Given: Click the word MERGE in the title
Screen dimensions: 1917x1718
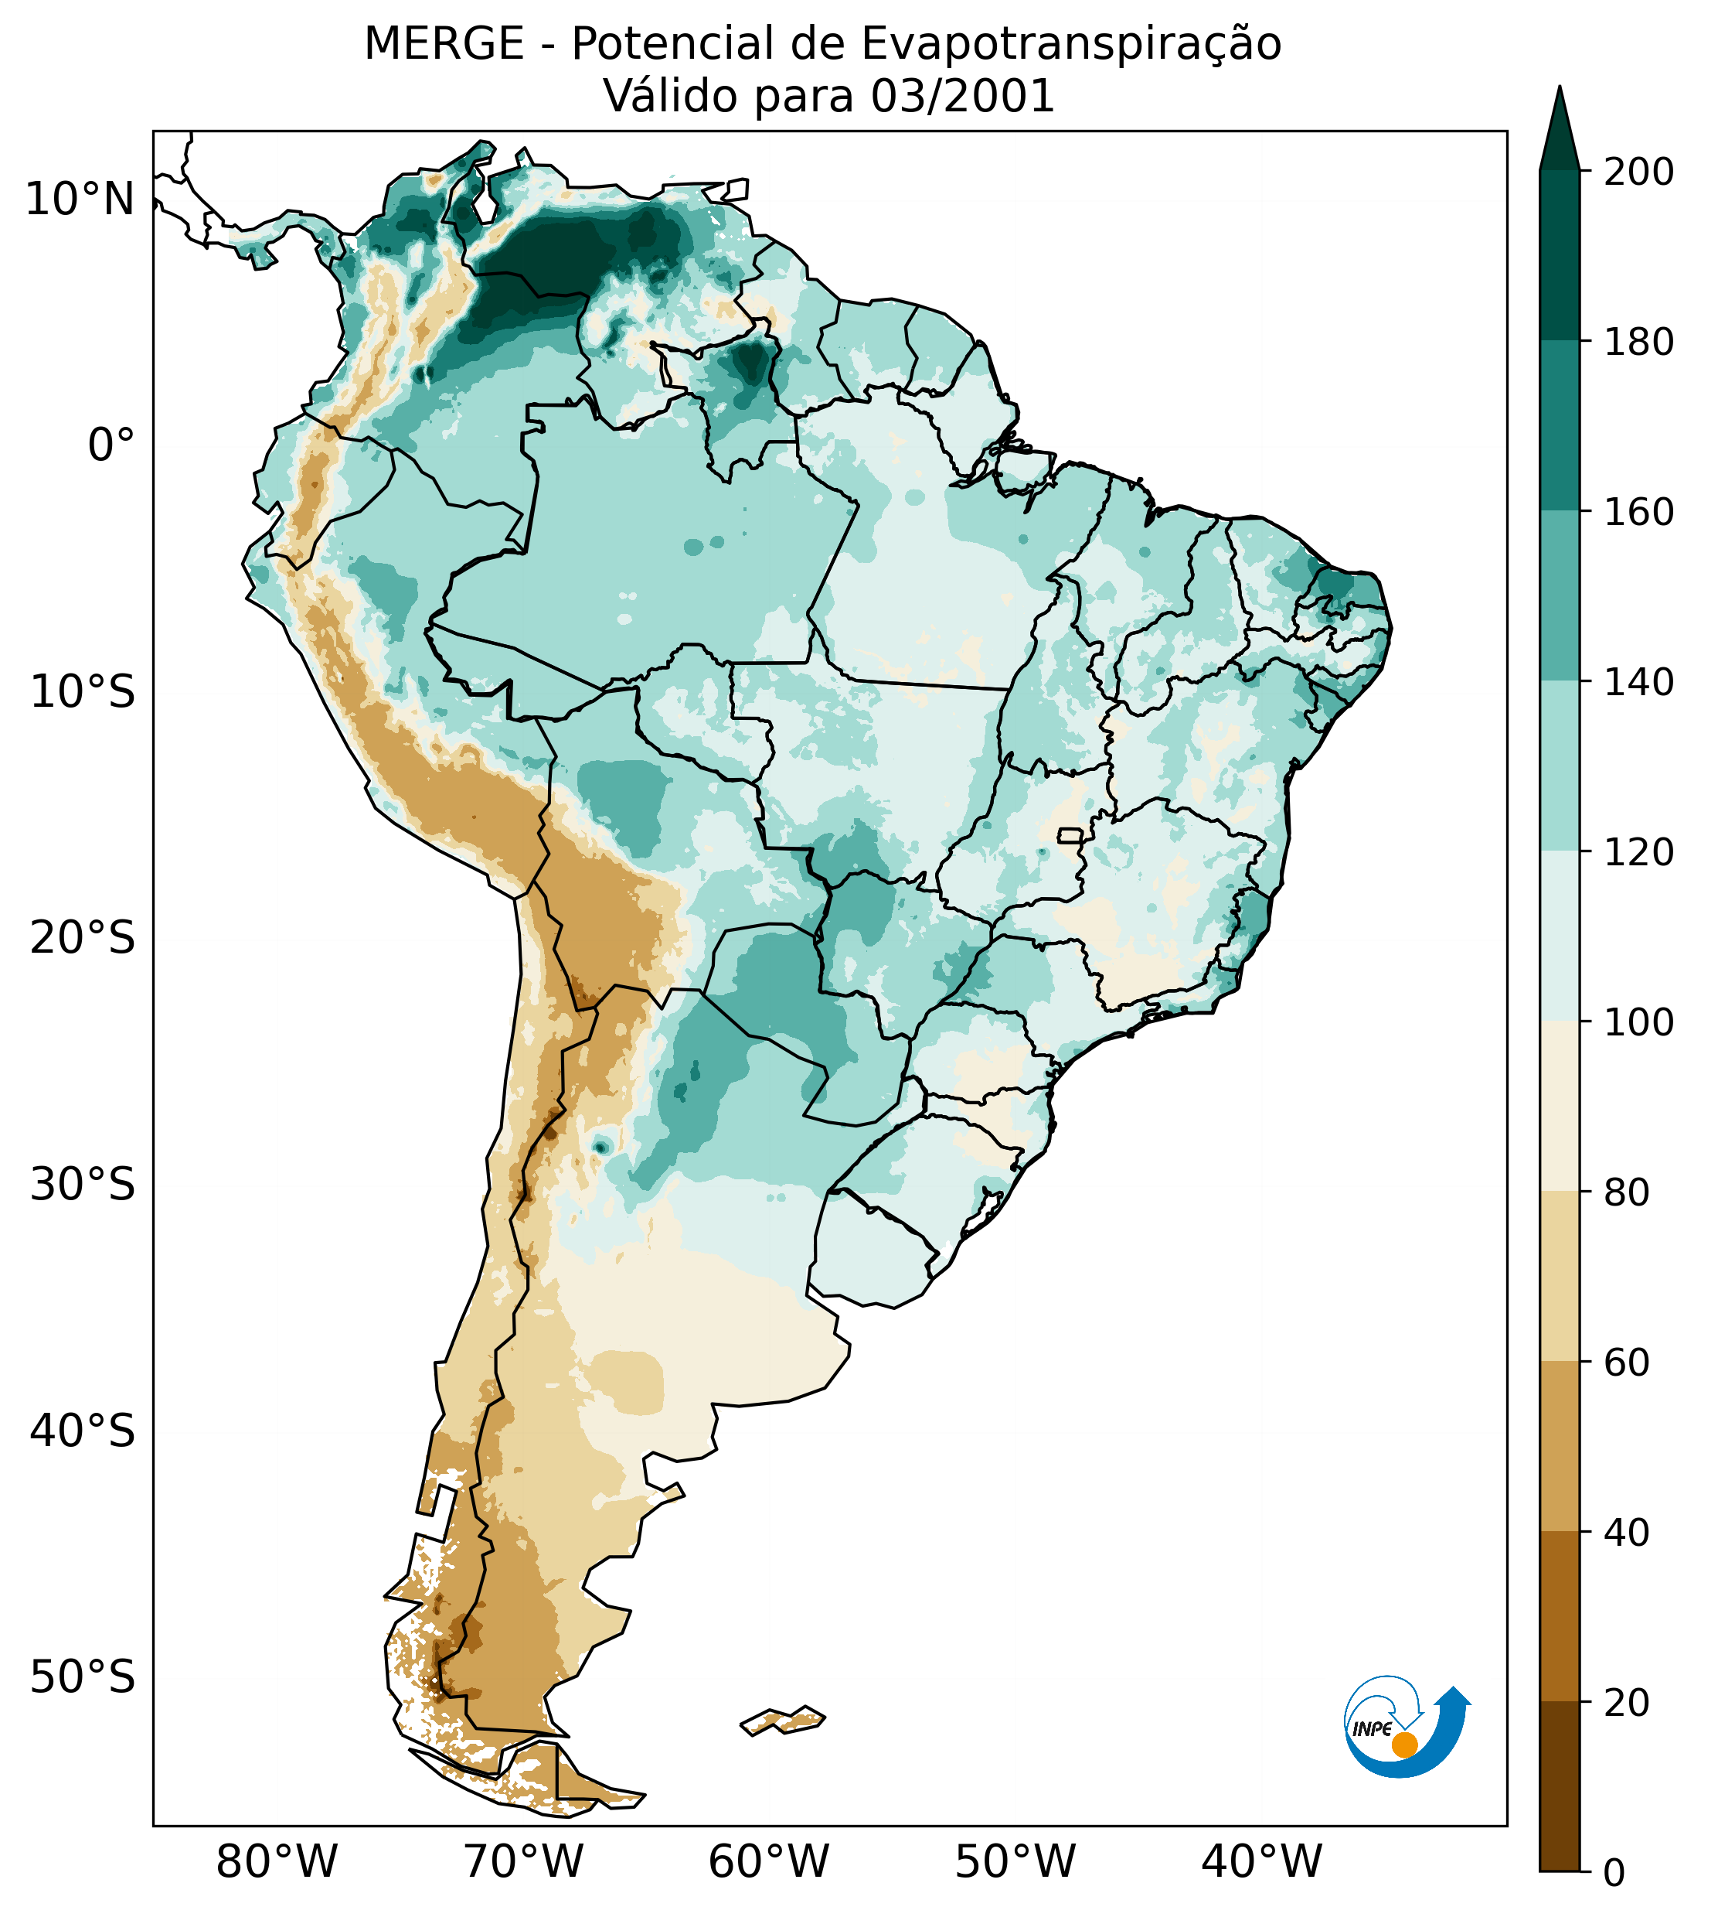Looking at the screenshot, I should pyautogui.click(x=444, y=44).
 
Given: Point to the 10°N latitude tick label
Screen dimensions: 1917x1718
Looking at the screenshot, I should pyautogui.click(x=80, y=200).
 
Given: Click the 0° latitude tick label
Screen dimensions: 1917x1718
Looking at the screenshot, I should pyautogui.click(x=111, y=445).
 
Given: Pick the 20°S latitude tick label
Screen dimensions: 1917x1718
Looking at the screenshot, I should pyautogui.click(x=83, y=939).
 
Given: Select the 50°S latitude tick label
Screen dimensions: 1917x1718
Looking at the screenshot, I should pyautogui.click(x=83, y=1678).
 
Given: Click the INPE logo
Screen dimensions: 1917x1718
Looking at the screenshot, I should pyautogui.click(x=1406, y=1725).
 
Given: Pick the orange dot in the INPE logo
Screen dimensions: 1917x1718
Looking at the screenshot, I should pyautogui.click(x=1404, y=1745).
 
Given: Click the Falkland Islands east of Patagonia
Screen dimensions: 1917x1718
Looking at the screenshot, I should pyautogui.click(x=784, y=1720).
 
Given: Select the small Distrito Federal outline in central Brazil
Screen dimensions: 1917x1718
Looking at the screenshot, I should pyautogui.click(x=1070, y=835).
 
